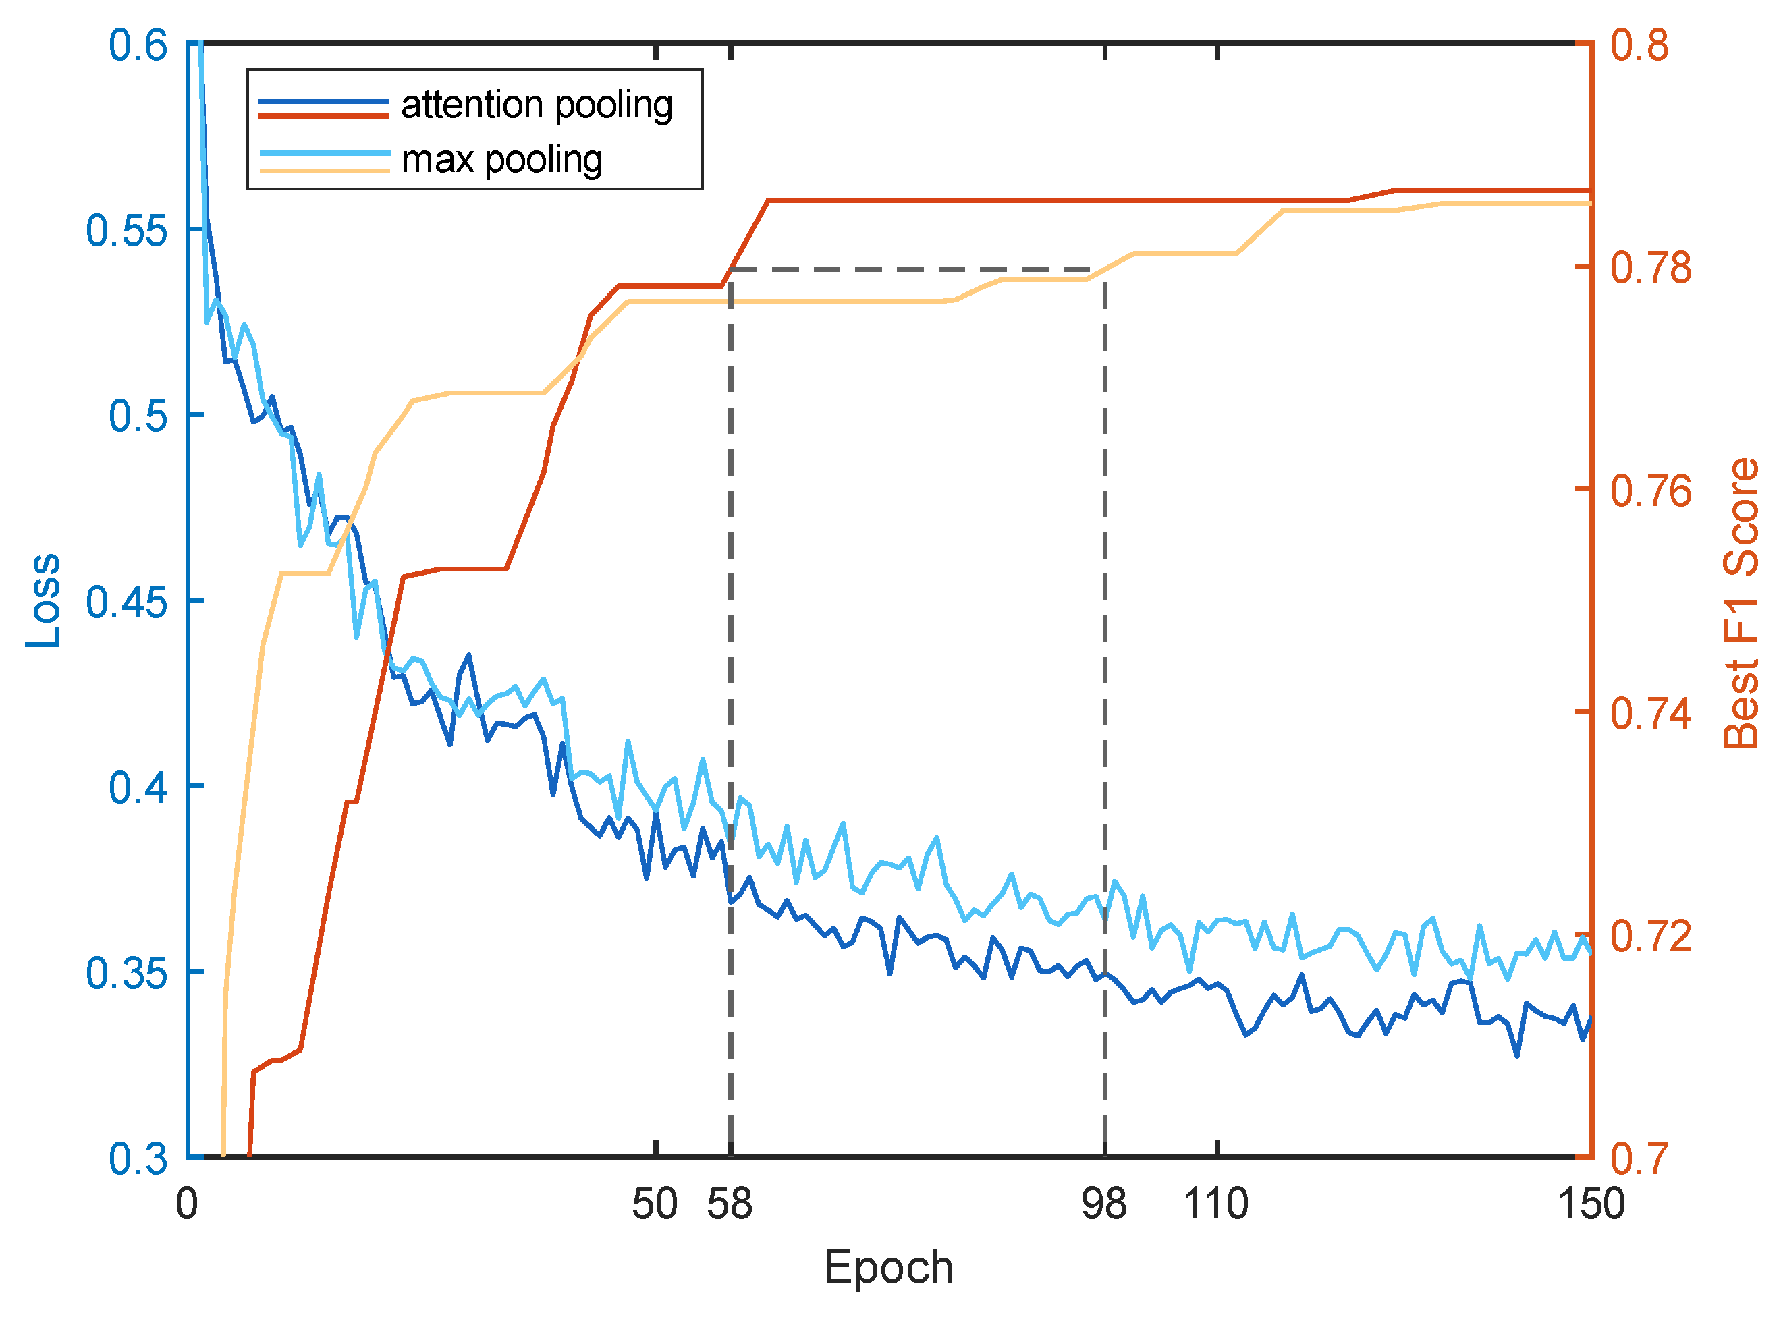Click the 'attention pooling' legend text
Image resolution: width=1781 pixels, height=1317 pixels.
pos(537,106)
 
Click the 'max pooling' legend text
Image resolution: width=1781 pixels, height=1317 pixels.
pos(501,161)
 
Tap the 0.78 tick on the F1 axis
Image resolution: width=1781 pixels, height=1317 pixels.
pos(1650,268)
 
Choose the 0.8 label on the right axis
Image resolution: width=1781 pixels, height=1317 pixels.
pos(1639,45)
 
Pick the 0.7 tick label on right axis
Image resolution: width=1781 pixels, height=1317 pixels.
pos(1639,1158)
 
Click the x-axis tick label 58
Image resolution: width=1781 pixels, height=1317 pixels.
pos(730,1204)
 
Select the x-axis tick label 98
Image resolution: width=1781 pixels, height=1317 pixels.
pos(1104,1204)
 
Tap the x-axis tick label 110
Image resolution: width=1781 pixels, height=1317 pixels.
pos(1215,1204)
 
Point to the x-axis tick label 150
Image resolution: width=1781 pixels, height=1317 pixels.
pos(1591,1204)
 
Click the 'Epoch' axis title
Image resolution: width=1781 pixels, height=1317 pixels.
pos(889,1267)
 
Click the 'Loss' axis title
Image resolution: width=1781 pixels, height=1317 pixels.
pos(43,601)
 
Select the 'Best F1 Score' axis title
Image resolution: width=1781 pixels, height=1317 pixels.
pos(1741,603)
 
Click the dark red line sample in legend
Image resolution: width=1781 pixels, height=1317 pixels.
pos(324,117)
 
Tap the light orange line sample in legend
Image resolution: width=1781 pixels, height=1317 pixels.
pos(324,171)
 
